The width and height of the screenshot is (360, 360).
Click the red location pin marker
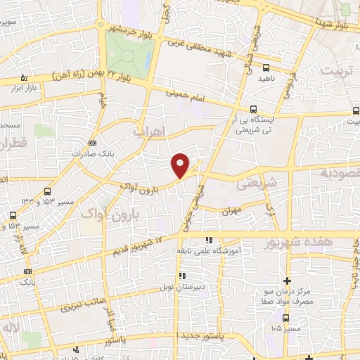(x=181, y=165)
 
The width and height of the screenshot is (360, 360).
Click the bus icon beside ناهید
(x=265, y=68)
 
